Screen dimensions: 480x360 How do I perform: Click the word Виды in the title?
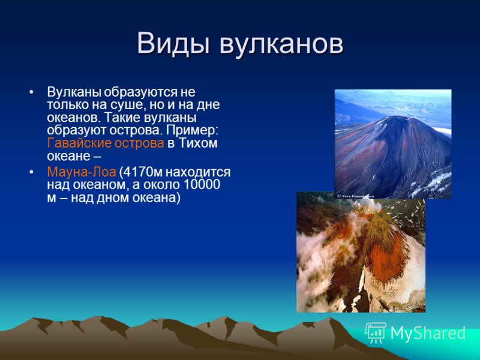click(173, 43)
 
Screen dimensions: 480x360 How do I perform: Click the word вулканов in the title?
click(281, 44)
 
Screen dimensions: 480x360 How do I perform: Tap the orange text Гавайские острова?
click(106, 143)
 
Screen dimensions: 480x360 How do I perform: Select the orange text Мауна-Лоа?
click(82, 172)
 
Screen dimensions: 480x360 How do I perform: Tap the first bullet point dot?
click(31, 92)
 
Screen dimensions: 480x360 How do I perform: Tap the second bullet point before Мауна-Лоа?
click(31, 172)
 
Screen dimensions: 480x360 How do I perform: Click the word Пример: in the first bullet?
click(192, 131)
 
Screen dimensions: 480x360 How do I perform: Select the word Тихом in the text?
click(198, 143)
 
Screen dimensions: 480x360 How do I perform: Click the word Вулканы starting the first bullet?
click(74, 92)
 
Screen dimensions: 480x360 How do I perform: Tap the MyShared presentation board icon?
click(376, 333)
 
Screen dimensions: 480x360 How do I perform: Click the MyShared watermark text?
click(428, 333)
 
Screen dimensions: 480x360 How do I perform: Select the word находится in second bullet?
click(198, 172)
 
